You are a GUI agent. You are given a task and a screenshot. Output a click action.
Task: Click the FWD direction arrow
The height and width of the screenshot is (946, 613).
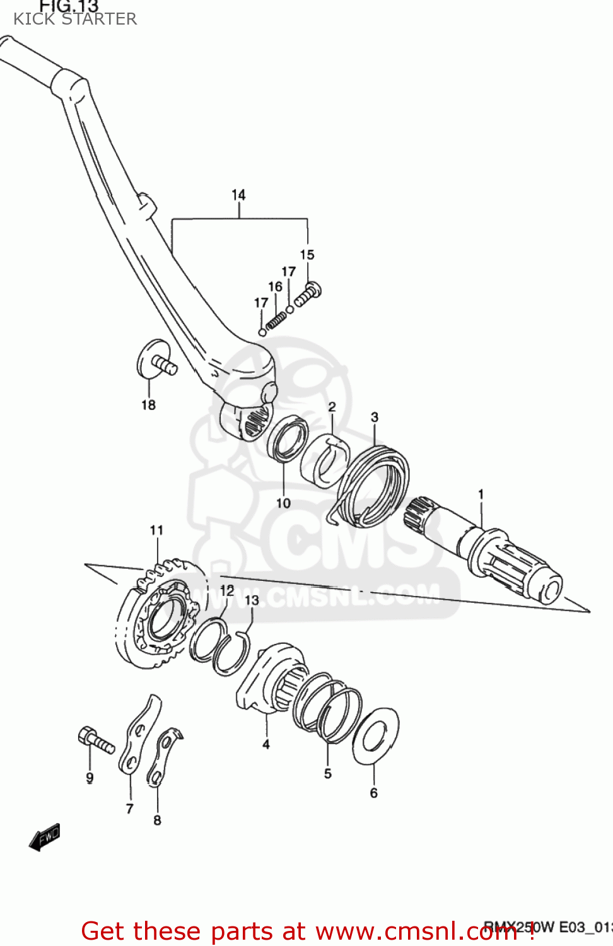(x=45, y=838)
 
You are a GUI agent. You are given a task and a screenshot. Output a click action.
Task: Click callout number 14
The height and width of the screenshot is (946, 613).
(x=238, y=195)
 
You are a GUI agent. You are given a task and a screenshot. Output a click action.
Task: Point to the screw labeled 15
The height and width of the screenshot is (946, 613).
(x=308, y=295)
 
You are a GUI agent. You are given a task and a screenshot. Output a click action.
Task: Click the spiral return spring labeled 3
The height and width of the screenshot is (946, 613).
(x=372, y=486)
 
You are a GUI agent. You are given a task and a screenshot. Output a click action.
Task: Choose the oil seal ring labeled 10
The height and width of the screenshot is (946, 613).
(x=288, y=439)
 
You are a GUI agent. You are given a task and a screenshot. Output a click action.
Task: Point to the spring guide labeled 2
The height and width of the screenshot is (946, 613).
(x=325, y=460)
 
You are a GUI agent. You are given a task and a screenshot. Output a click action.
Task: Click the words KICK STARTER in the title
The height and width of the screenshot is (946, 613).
(x=75, y=19)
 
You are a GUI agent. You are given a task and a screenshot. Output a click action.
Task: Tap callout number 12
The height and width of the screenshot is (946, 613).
(x=227, y=590)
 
